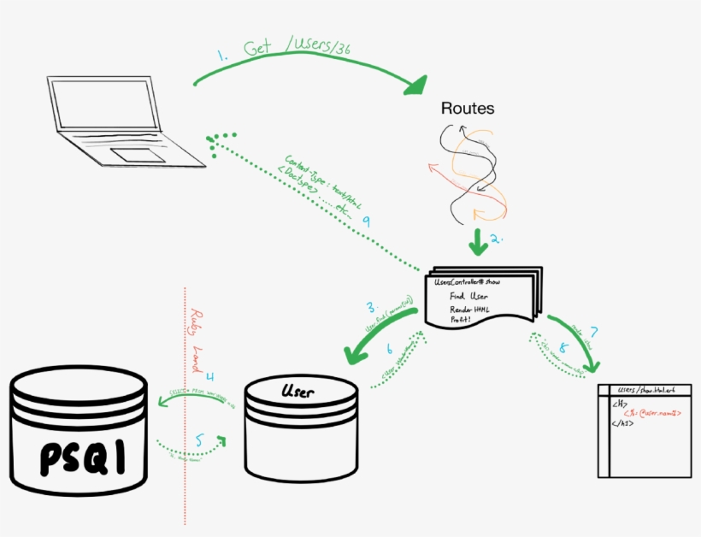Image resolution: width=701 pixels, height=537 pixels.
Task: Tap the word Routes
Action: pos(468,109)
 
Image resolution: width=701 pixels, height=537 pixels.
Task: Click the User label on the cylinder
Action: pos(297,392)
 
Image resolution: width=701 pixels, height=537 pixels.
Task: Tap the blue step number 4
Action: pos(209,375)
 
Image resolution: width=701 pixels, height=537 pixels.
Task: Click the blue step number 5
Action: pos(199,440)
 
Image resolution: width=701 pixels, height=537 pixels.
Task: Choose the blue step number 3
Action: pos(372,306)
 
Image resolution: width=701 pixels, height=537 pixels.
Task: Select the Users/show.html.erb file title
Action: pos(647,390)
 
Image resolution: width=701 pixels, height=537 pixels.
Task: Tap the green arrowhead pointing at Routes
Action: pos(417,84)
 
